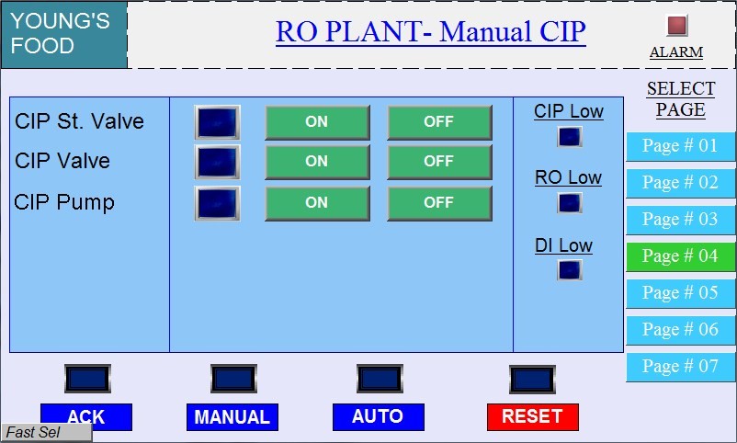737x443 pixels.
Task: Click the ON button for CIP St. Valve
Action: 317,122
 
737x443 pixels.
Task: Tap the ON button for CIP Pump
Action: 317,203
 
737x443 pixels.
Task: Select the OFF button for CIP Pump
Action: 439,203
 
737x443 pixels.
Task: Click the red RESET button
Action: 532,416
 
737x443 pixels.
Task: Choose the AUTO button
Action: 378,416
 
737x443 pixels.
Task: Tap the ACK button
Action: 86,416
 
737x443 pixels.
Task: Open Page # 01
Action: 680,146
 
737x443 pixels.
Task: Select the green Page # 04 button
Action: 680,256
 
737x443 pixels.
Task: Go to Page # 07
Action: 680,367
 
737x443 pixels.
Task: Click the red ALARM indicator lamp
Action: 677,26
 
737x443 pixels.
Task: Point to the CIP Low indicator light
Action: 570,137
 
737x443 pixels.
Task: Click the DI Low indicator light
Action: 570,270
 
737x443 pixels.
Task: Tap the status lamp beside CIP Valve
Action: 218,162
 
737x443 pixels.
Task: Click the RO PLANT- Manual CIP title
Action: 431,32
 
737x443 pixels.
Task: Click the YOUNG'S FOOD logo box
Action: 63,34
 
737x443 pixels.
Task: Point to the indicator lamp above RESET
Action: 533,379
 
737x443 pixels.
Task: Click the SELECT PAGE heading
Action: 681,99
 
